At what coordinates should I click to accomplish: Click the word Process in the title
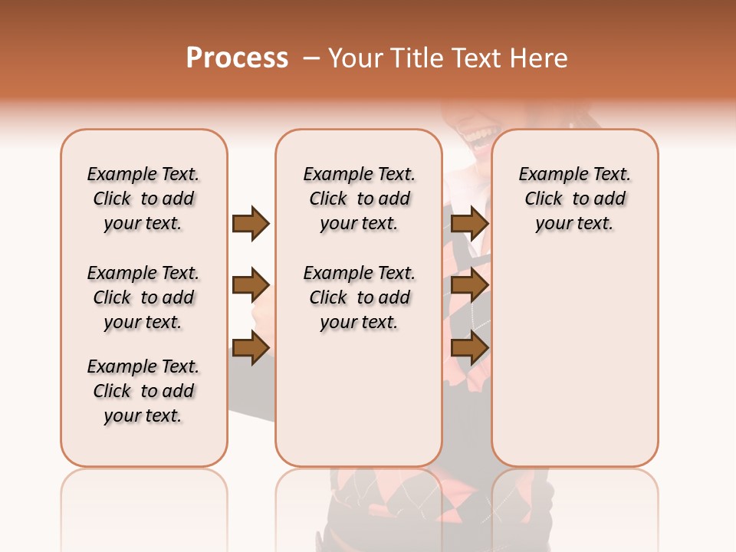pyautogui.click(x=237, y=58)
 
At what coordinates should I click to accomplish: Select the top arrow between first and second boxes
pyautogui.click(x=251, y=223)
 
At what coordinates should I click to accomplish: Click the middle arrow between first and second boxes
pyautogui.click(x=251, y=286)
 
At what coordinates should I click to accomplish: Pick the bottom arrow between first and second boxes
pyautogui.click(x=251, y=347)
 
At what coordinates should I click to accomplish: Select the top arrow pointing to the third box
pyautogui.click(x=469, y=223)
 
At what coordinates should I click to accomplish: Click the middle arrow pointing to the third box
pyautogui.click(x=469, y=286)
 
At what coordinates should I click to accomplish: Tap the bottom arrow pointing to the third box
pyautogui.click(x=469, y=347)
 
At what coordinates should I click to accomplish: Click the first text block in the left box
pyautogui.click(x=143, y=199)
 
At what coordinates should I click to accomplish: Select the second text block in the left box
pyautogui.click(x=143, y=297)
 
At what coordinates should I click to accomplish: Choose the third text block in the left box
pyautogui.click(x=143, y=391)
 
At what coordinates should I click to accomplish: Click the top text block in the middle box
pyautogui.click(x=359, y=199)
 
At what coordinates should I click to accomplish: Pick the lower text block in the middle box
pyautogui.click(x=359, y=297)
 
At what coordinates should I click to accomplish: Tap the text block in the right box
pyautogui.click(x=574, y=199)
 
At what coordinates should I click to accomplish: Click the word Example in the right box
pyautogui.click(x=548, y=175)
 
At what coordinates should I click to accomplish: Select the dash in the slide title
pyautogui.click(x=311, y=58)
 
